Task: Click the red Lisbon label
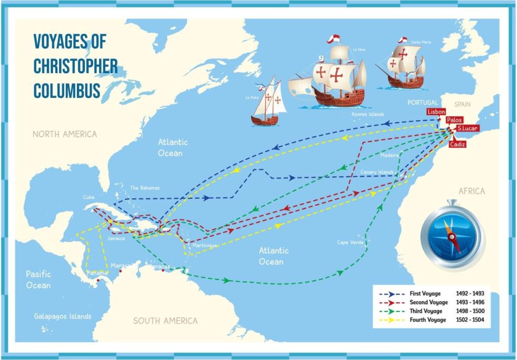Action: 436,112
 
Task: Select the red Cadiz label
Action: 457,144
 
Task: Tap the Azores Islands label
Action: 367,114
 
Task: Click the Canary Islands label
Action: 377,172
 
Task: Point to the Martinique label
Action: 205,246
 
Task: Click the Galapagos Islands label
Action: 63,316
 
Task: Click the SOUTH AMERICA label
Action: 166,321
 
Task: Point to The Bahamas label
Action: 145,188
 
